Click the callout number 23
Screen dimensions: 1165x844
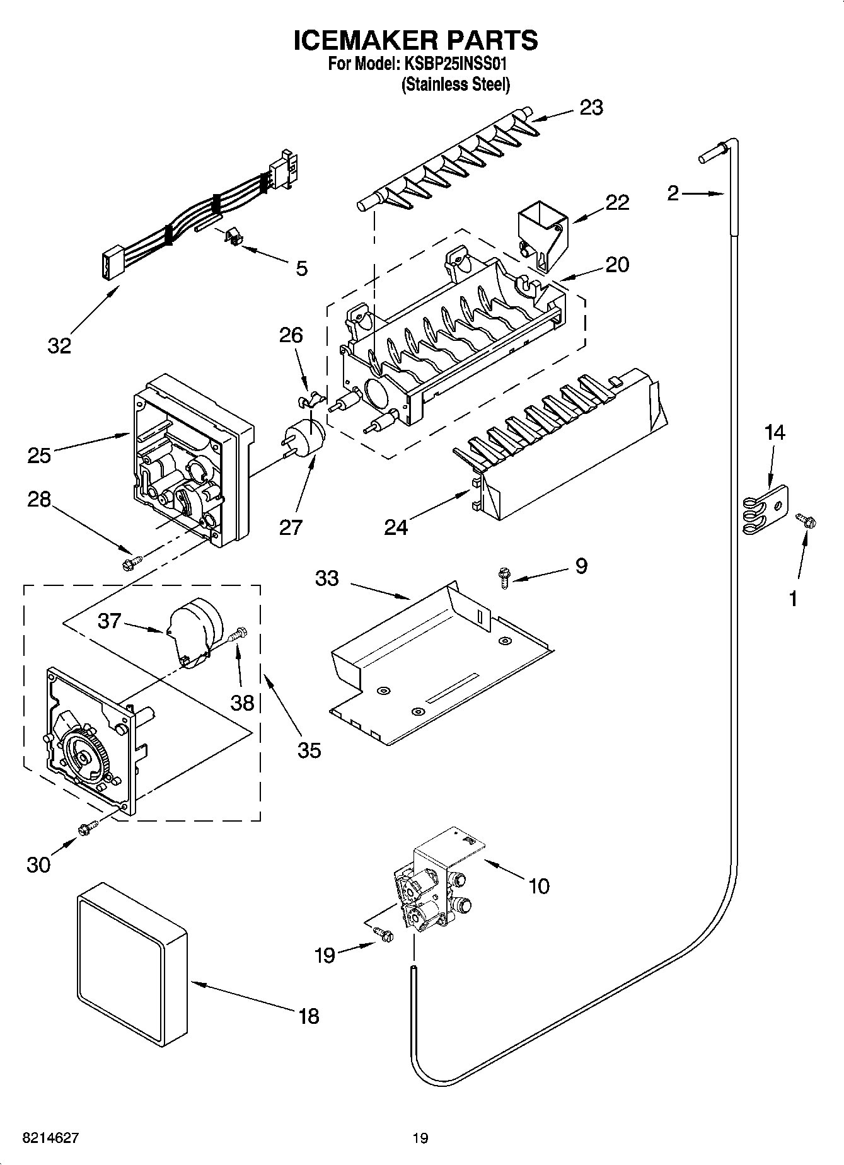[x=591, y=108]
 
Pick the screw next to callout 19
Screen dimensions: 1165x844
[x=383, y=934]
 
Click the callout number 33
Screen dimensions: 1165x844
[x=327, y=578]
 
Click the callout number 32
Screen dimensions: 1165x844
[x=59, y=345]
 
